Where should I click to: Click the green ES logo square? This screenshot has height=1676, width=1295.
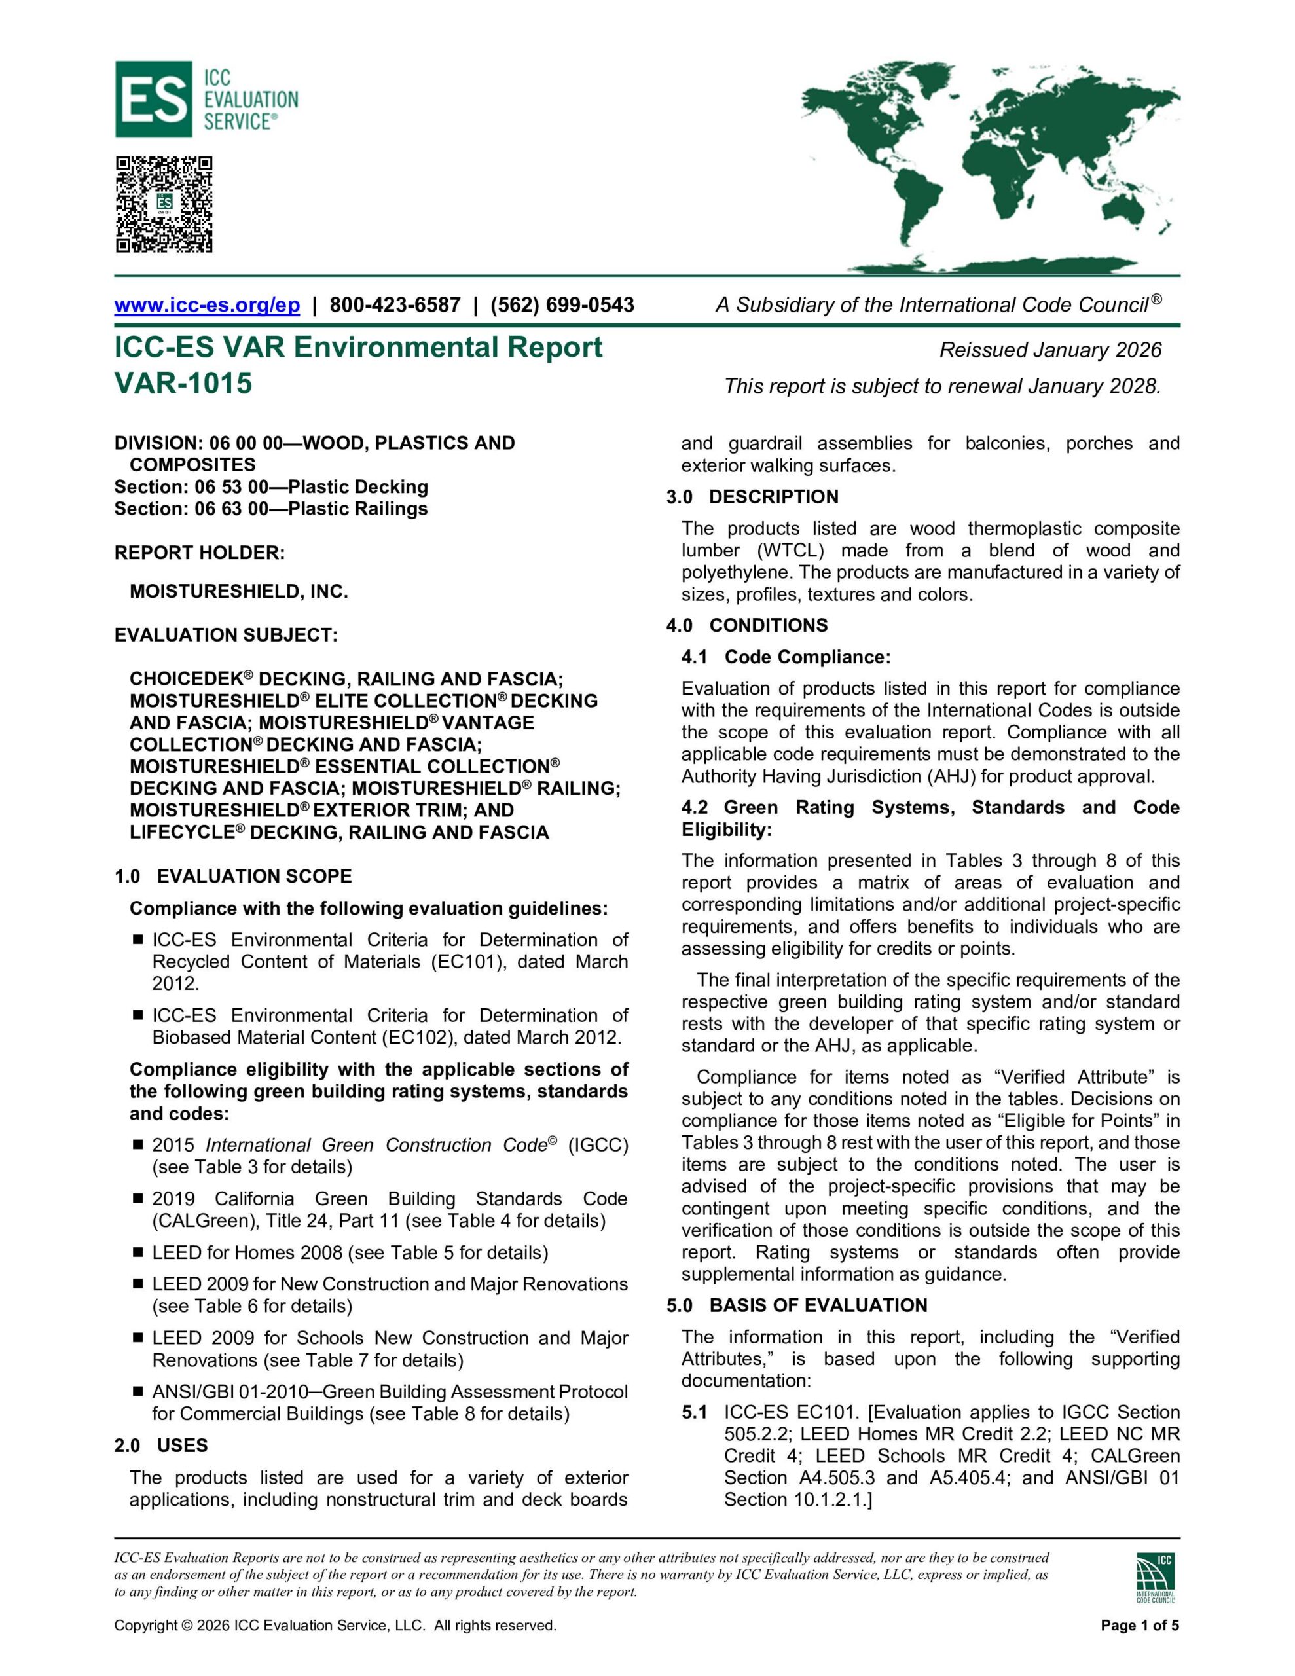(x=153, y=99)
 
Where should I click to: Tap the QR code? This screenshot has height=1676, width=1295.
(x=164, y=204)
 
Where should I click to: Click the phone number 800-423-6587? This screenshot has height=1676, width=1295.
(x=395, y=304)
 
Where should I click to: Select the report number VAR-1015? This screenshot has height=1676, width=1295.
(x=183, y=382)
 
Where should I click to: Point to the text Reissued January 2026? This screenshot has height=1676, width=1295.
(x=1050, y=350)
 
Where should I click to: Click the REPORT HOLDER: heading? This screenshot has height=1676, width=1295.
(x=199, y=553)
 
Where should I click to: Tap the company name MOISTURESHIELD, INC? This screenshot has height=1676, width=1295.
(x=239, y=591)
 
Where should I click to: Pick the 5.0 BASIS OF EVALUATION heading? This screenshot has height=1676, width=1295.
(x=797, y=1305)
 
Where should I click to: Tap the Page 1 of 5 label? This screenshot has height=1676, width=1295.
(x=1139, y=1626)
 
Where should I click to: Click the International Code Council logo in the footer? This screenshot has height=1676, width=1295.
(x=1156, y=1578)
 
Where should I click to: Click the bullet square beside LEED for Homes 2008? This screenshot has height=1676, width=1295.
(x=138, y=1252)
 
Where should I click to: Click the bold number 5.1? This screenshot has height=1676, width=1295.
(x=694, y=1413)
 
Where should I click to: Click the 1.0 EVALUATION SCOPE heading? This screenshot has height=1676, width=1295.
(x=232, y=877)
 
